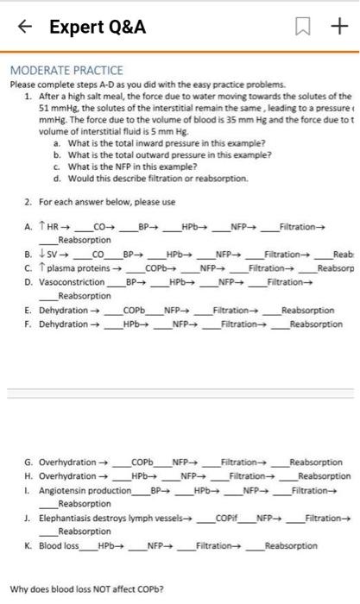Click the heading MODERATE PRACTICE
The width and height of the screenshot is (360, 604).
click(x=66, y=69)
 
